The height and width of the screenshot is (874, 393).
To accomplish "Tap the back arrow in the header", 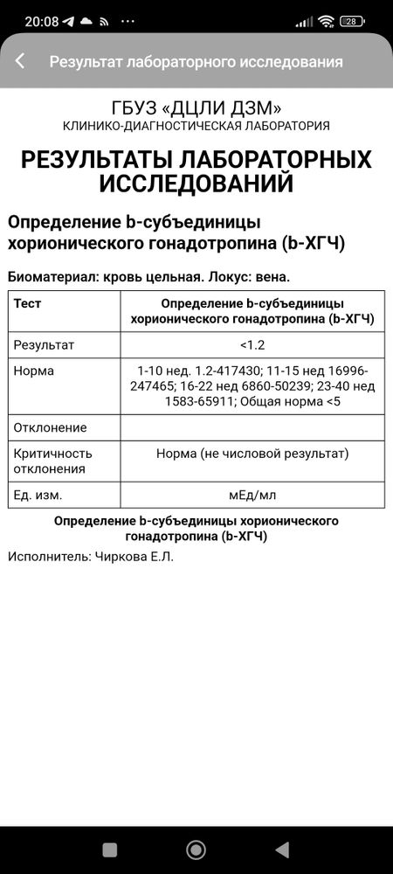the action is tap(20, 61).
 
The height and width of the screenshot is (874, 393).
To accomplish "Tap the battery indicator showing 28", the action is tap(352, 20).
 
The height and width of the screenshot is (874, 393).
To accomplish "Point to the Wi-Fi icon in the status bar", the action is tap(326, 20).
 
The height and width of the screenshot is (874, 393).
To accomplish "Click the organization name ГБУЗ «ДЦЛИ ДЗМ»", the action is tap(196, 108).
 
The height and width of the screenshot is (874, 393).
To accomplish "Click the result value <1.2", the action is tap(252, 344).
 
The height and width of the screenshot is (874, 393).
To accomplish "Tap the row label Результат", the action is tap(44, 344).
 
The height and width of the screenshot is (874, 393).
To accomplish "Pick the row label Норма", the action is tap(34, 371).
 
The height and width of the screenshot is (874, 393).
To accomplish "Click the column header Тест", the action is tap(28, 303).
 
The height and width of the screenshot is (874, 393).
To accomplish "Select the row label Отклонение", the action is tap(51, 427).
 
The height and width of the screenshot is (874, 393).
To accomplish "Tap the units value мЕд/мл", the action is tap(252, 495).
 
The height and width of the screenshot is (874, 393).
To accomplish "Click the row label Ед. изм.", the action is tap(38, 495).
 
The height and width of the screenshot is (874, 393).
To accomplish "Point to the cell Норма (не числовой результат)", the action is tap(252, 454).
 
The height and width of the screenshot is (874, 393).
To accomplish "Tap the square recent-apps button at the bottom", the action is tap(109, 850).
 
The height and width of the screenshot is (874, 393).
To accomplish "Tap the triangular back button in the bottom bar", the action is tap(282, 850).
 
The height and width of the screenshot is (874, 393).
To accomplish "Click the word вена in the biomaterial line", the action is tap(270, 277).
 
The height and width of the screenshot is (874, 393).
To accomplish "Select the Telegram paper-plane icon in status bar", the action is tap(68, 20).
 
